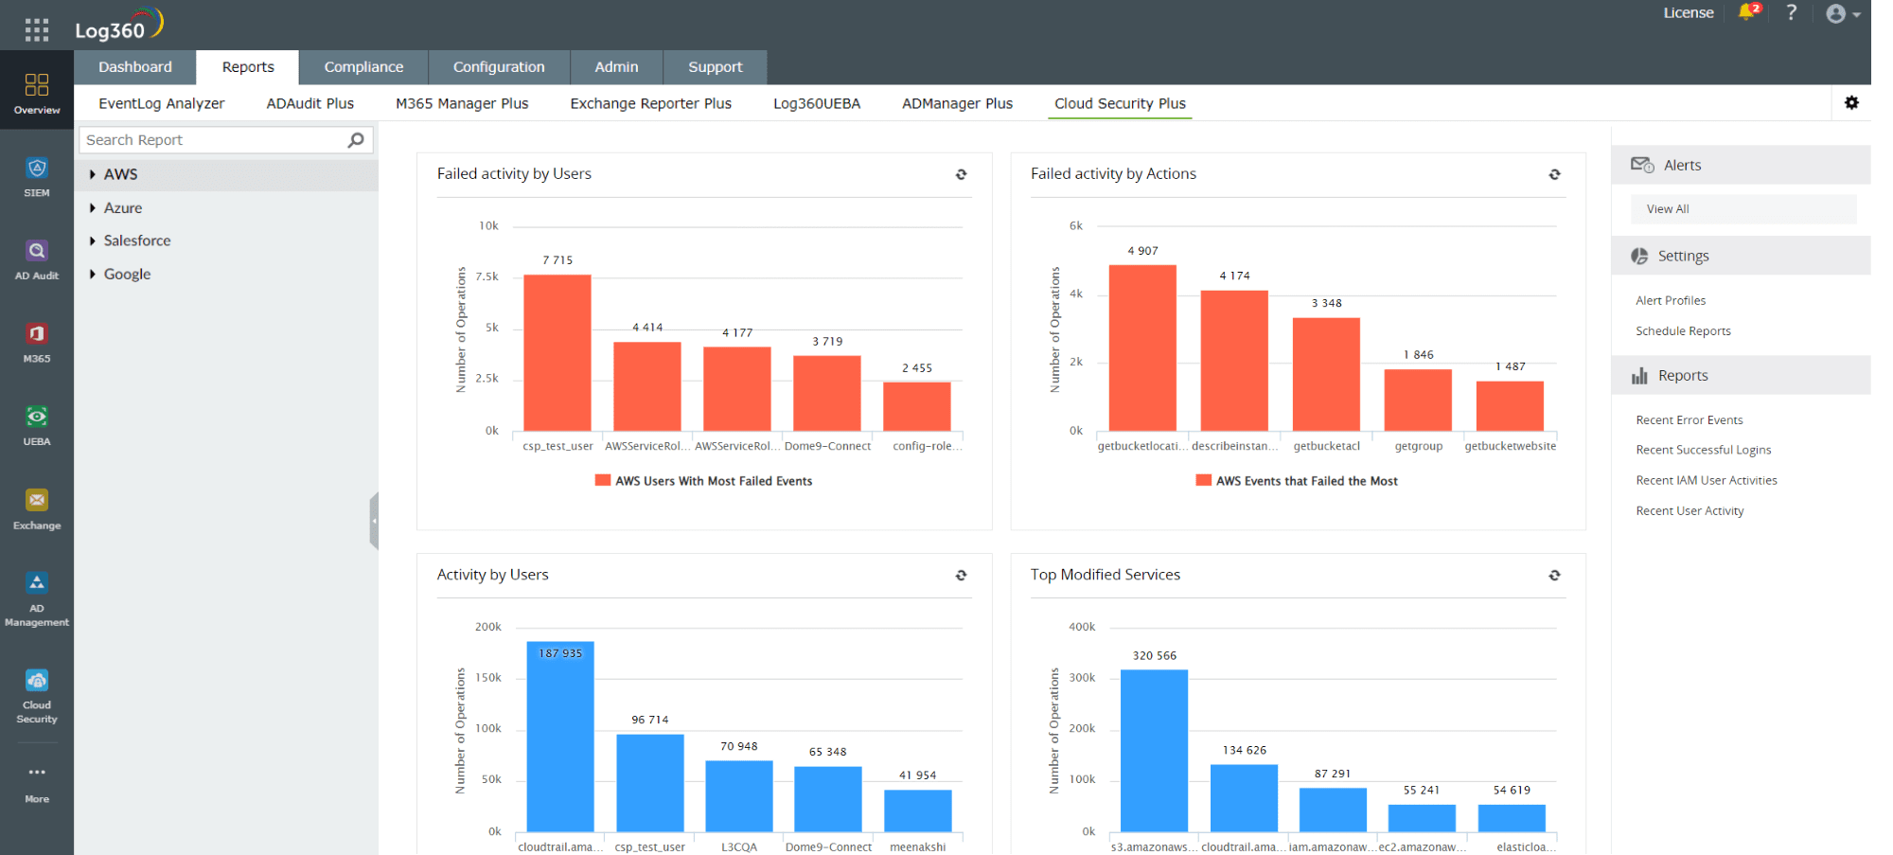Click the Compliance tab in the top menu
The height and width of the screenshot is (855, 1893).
click(x=363, y=67)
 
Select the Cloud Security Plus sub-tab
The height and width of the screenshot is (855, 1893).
click(x=1120, y=103)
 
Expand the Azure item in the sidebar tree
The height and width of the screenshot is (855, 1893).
click(x=123, y=208)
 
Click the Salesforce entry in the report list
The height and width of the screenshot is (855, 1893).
click(x=137, y=240)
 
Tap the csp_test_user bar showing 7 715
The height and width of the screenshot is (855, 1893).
click(x=557, y=352)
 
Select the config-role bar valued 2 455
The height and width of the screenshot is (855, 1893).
click(x=916, y=406)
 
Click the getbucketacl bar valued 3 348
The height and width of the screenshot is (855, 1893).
click(x=1326, y=374)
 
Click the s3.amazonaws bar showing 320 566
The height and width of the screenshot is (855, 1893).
click(x=1154, y=750)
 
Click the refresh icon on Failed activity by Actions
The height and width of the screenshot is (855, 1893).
click(x=1554, y=174)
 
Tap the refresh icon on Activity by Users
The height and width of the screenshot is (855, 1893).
click(x=961, y=576)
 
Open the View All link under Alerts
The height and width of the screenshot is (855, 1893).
click(x=1668, y=209)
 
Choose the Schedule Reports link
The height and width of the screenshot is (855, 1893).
click(x=1683, y=331)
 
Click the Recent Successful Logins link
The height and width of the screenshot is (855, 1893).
click(x=1703, y=450)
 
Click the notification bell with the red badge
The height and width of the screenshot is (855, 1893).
click(x=1747, y=12)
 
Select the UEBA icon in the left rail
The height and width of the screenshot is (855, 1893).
click(x=37, y=424)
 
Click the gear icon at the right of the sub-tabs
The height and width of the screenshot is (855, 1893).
click(x=1851, y=103)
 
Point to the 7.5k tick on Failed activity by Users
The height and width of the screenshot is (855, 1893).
click(x=487, y=276)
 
